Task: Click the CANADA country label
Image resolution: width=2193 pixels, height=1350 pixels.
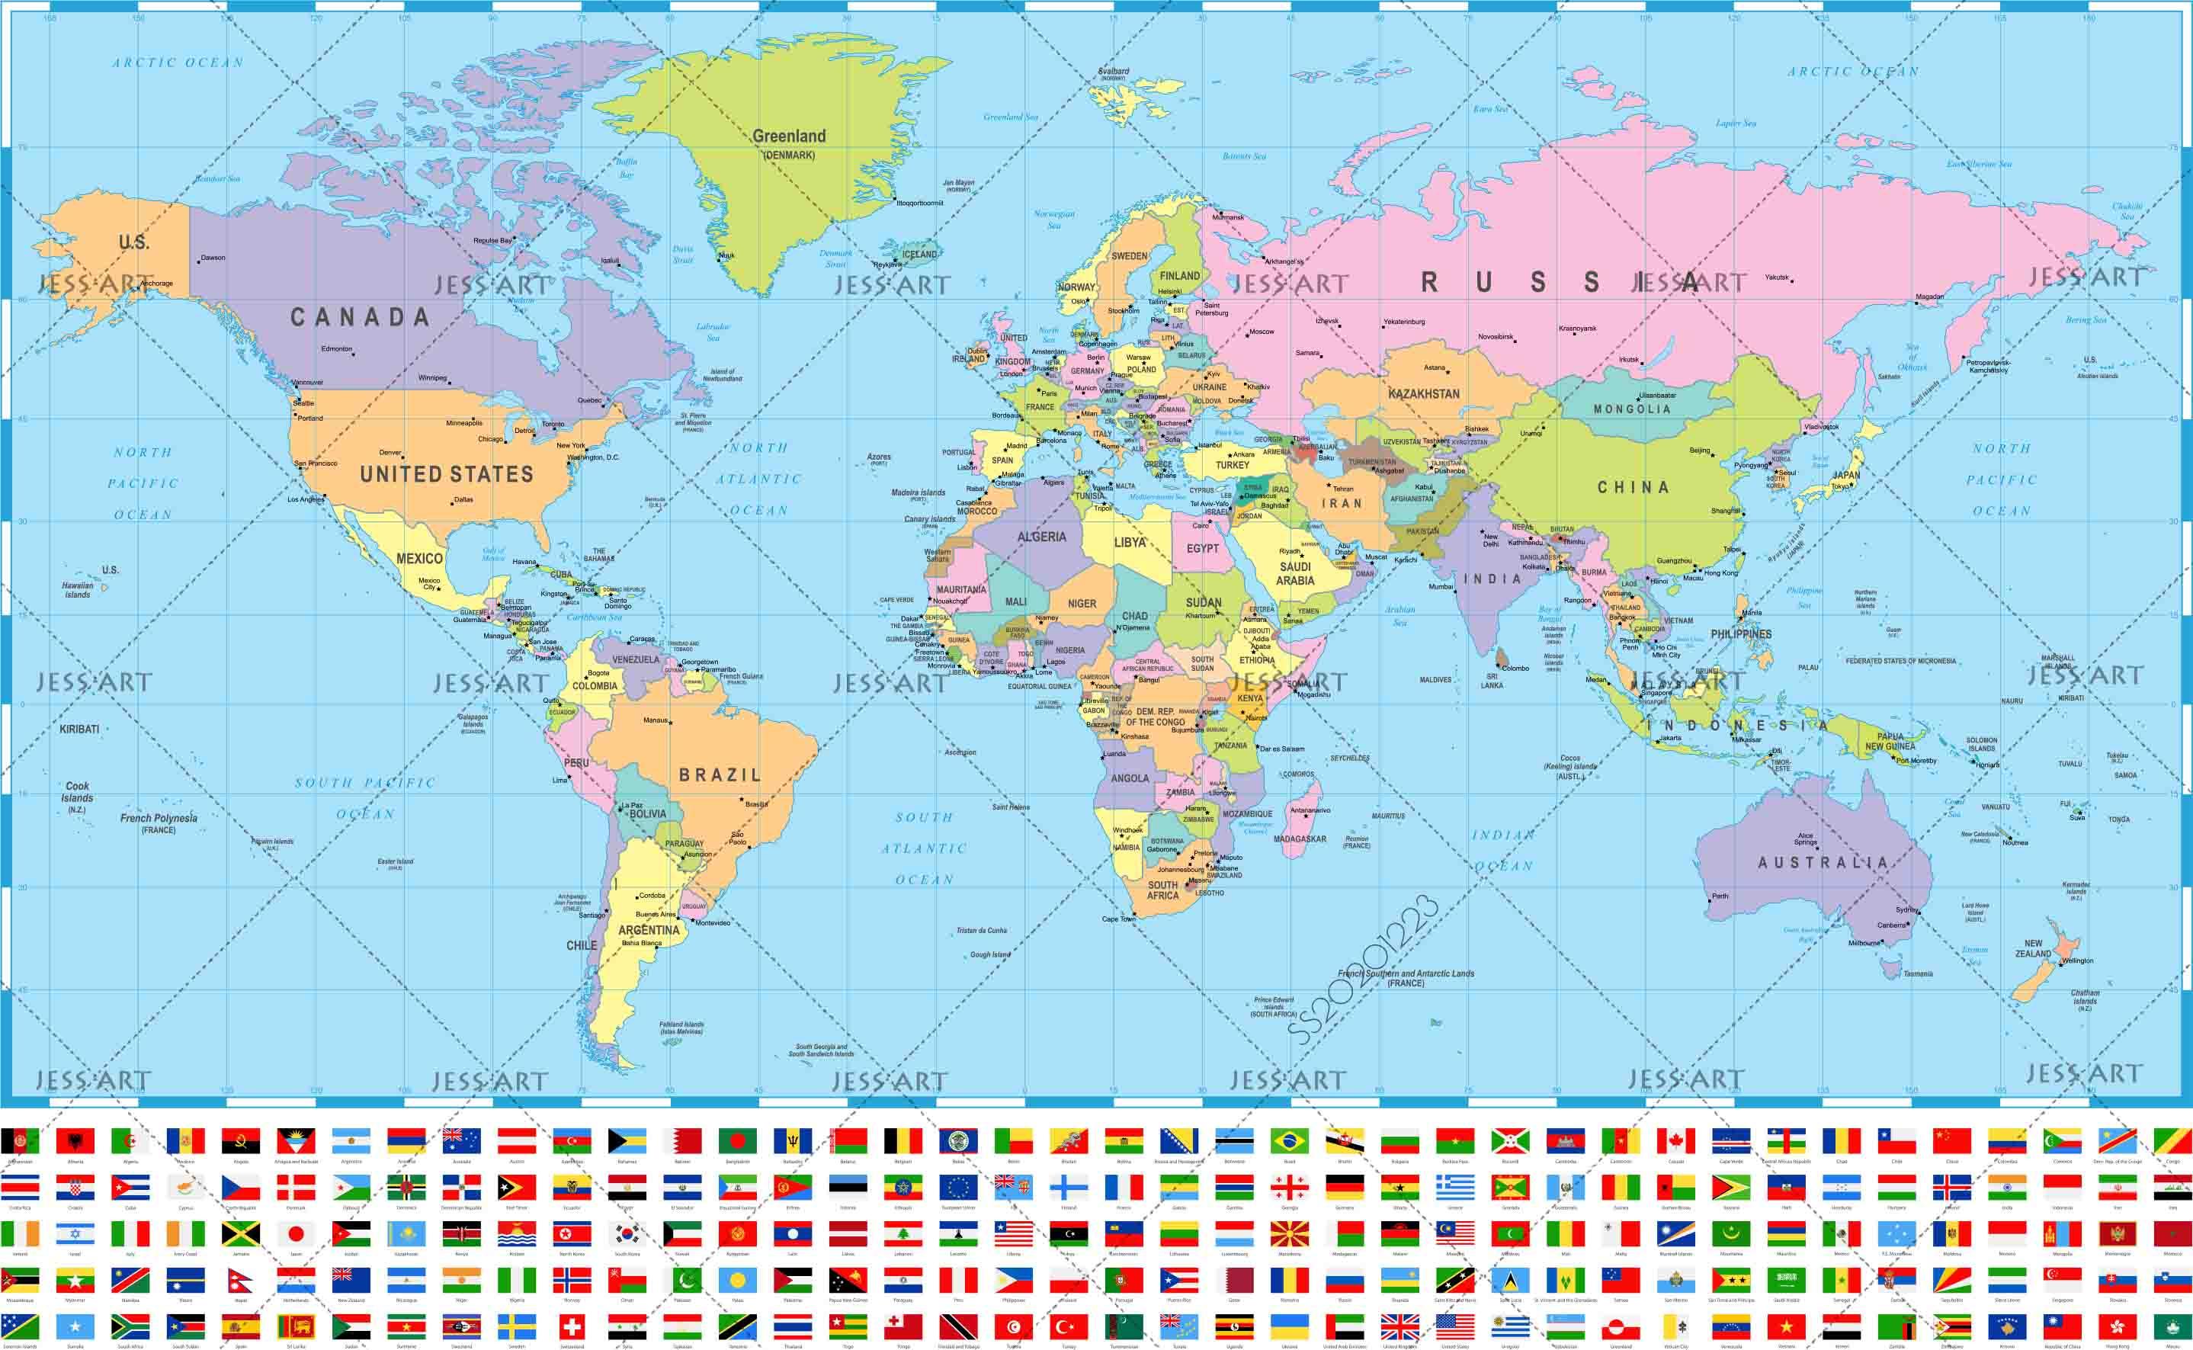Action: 360,317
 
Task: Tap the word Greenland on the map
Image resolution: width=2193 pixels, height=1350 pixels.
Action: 789,136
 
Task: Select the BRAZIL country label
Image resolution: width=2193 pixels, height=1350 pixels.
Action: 720,775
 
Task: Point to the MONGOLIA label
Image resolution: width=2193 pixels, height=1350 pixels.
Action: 1631,409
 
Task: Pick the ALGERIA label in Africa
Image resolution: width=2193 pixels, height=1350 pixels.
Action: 1041,537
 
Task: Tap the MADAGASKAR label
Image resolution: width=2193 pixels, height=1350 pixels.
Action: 1300,839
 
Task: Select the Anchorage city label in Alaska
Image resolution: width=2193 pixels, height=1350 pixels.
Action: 156,284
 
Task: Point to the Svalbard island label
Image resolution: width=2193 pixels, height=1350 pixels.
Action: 1113,72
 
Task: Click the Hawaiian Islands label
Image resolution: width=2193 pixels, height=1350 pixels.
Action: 78,590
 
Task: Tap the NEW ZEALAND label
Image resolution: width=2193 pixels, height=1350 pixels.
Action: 2032,948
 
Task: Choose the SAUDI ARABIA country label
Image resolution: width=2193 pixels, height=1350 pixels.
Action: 1295,573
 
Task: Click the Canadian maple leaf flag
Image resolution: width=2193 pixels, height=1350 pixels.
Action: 1675,1141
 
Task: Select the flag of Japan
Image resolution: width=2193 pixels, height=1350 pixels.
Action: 296,1234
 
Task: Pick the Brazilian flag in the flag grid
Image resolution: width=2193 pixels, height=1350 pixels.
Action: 1289,1141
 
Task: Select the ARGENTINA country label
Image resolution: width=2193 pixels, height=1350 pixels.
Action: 649,929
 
